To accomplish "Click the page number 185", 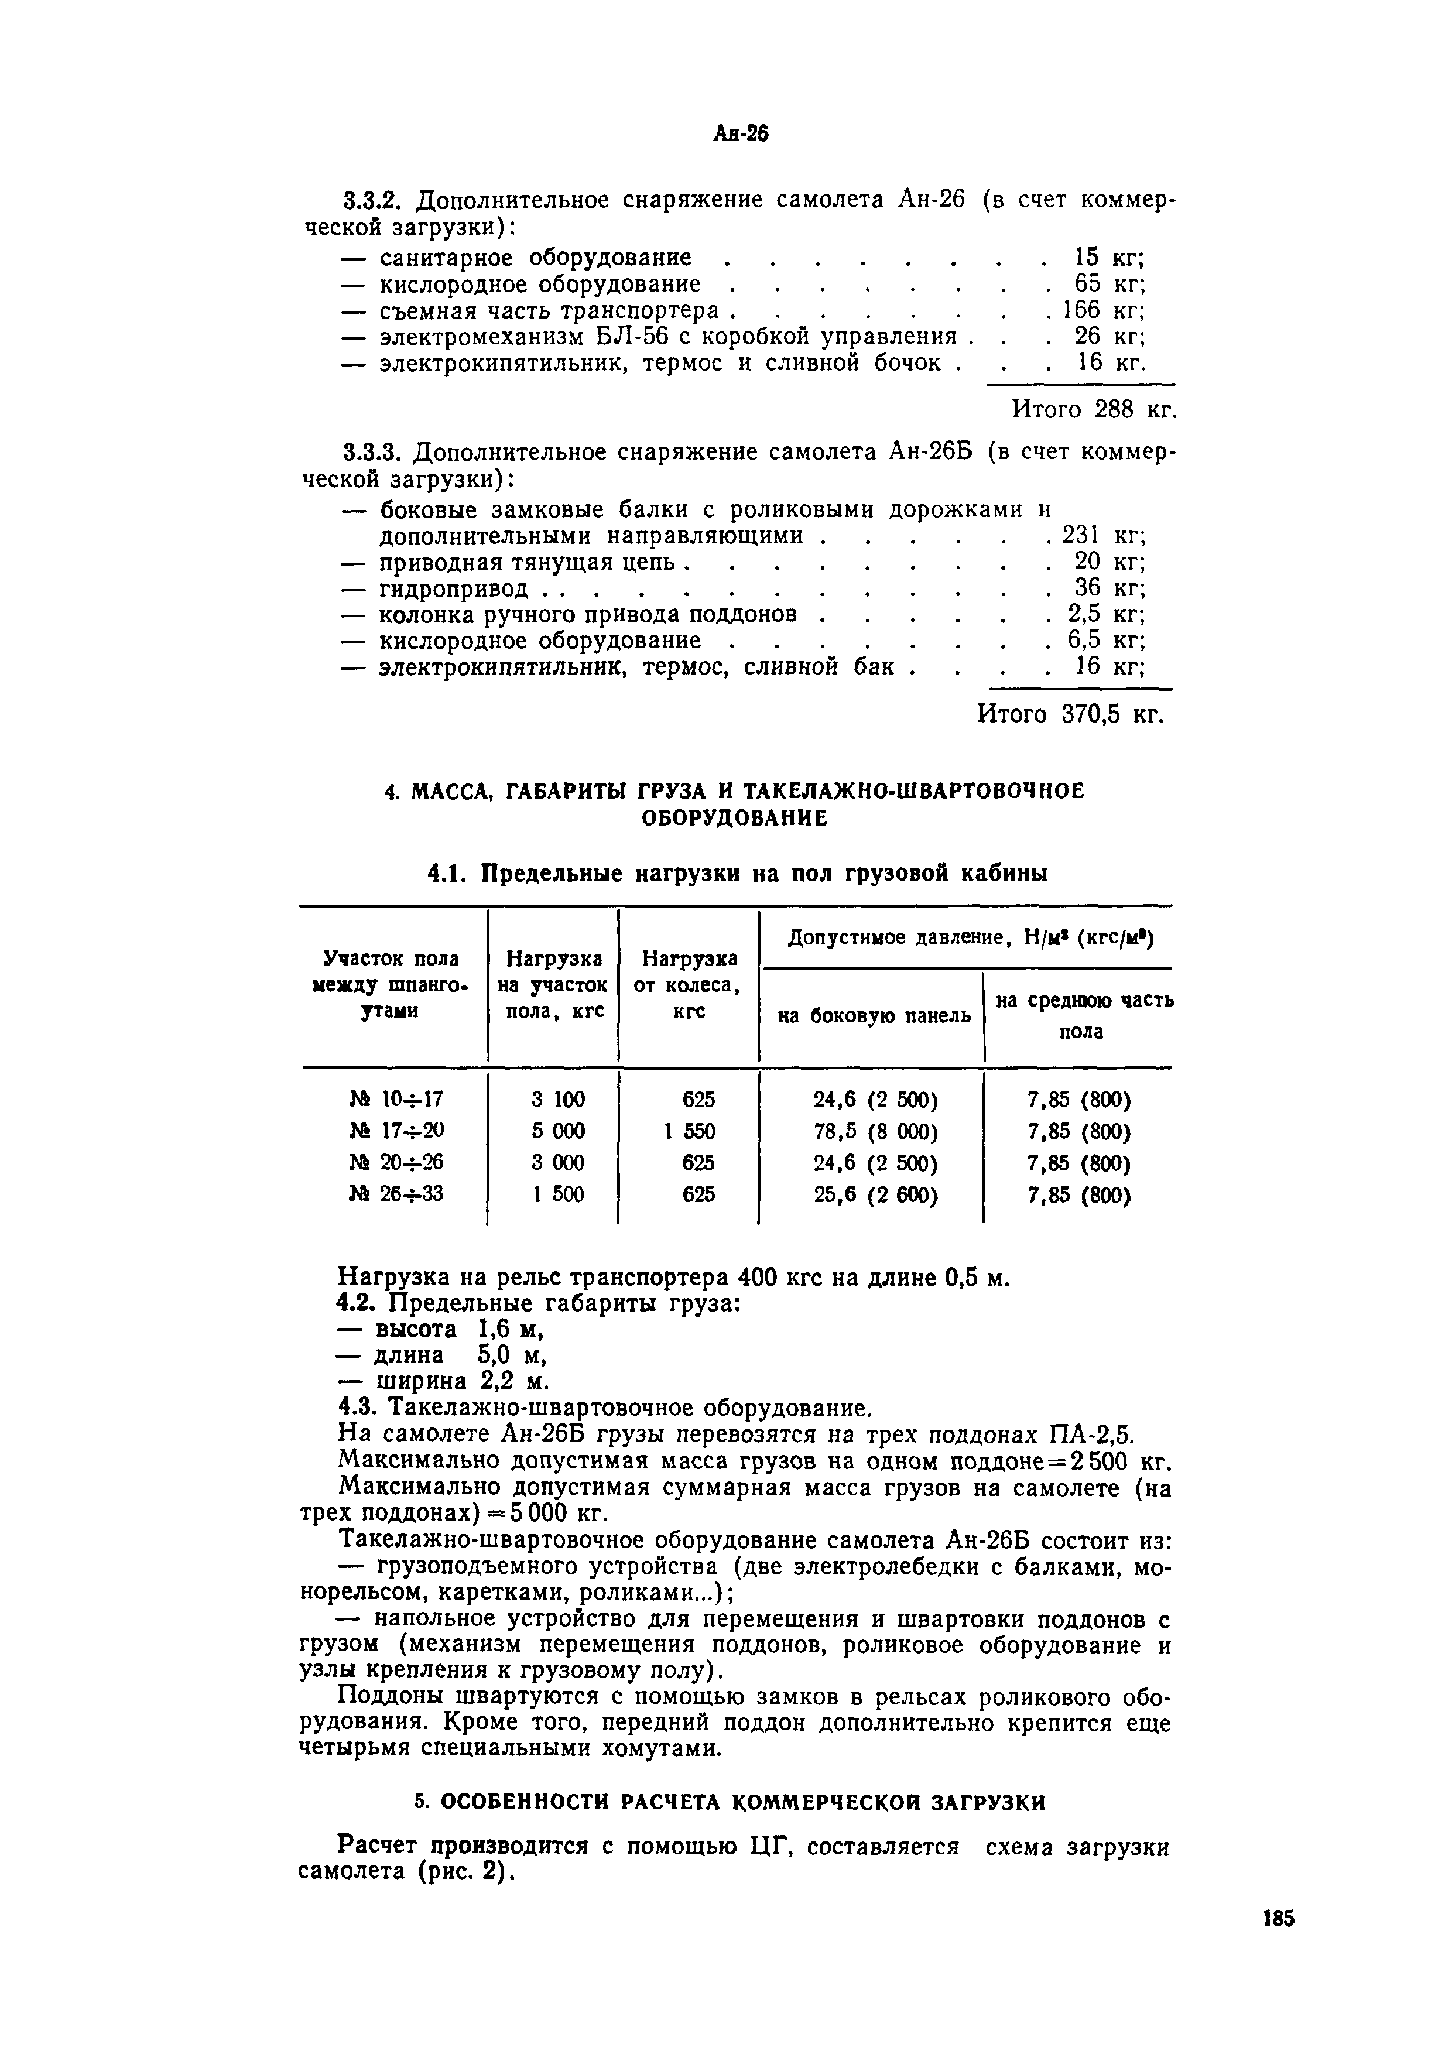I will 1278,1943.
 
